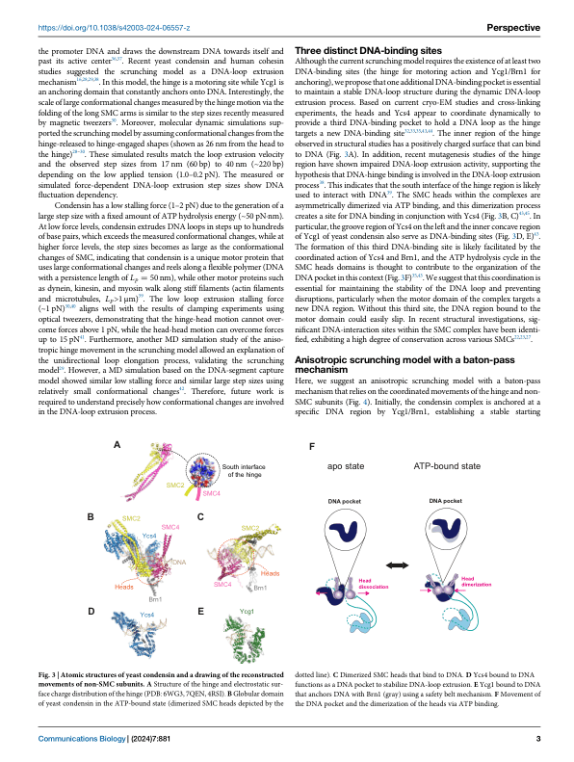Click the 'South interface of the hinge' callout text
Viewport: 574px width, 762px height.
click(246, 471)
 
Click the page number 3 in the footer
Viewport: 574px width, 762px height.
click(537, 738)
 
